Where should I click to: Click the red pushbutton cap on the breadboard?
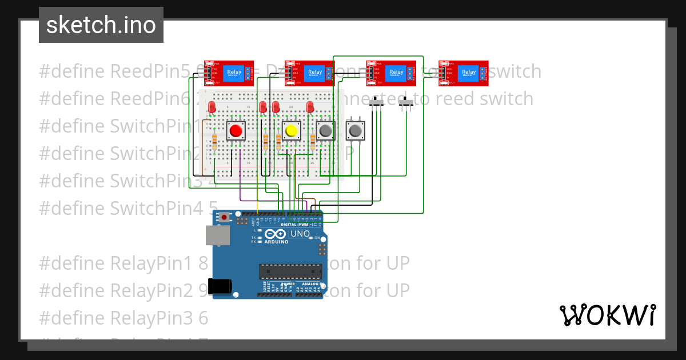point(235,131)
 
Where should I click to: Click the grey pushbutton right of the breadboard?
point(355,131)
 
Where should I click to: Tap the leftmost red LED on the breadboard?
point(212,107)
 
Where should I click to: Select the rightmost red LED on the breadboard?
point(310,107)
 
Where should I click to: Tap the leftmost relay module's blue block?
point(234,73)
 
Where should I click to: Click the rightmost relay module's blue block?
point(469,73)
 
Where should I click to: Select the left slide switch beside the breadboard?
point(377,103)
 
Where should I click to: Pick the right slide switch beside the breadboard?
point(407,103)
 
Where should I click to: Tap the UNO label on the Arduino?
point(300,234)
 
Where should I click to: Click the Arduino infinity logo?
point(275,234)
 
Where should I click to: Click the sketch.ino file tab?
point(101,25)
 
